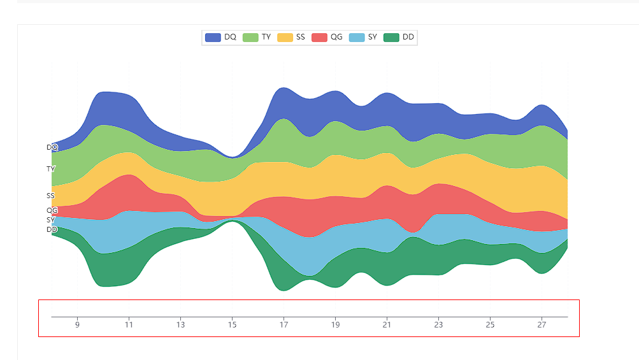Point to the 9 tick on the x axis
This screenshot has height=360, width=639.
(x=77, y=325)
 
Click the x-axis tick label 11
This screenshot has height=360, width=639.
(x=129, y=325)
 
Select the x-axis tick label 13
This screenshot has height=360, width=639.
(x=180, y=325)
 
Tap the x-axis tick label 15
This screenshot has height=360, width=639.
(x=232, y=325)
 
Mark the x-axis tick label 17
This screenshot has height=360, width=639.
(x=284, y=325)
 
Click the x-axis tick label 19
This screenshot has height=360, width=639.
(x=335, y=325)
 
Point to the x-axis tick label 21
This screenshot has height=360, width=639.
(x=387, y=325)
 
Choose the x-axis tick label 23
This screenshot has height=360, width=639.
(x=438, y=325)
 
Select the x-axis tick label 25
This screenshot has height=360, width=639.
(x=490, y=325)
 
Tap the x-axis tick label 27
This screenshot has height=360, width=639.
(x=542, y=325)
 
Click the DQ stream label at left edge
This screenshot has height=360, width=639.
(x=52, y=147)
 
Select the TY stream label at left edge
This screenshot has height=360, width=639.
(x=51, y=169)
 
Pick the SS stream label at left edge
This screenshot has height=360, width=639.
(x=51, y=196)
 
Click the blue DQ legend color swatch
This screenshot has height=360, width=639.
(x=213, y=38)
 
